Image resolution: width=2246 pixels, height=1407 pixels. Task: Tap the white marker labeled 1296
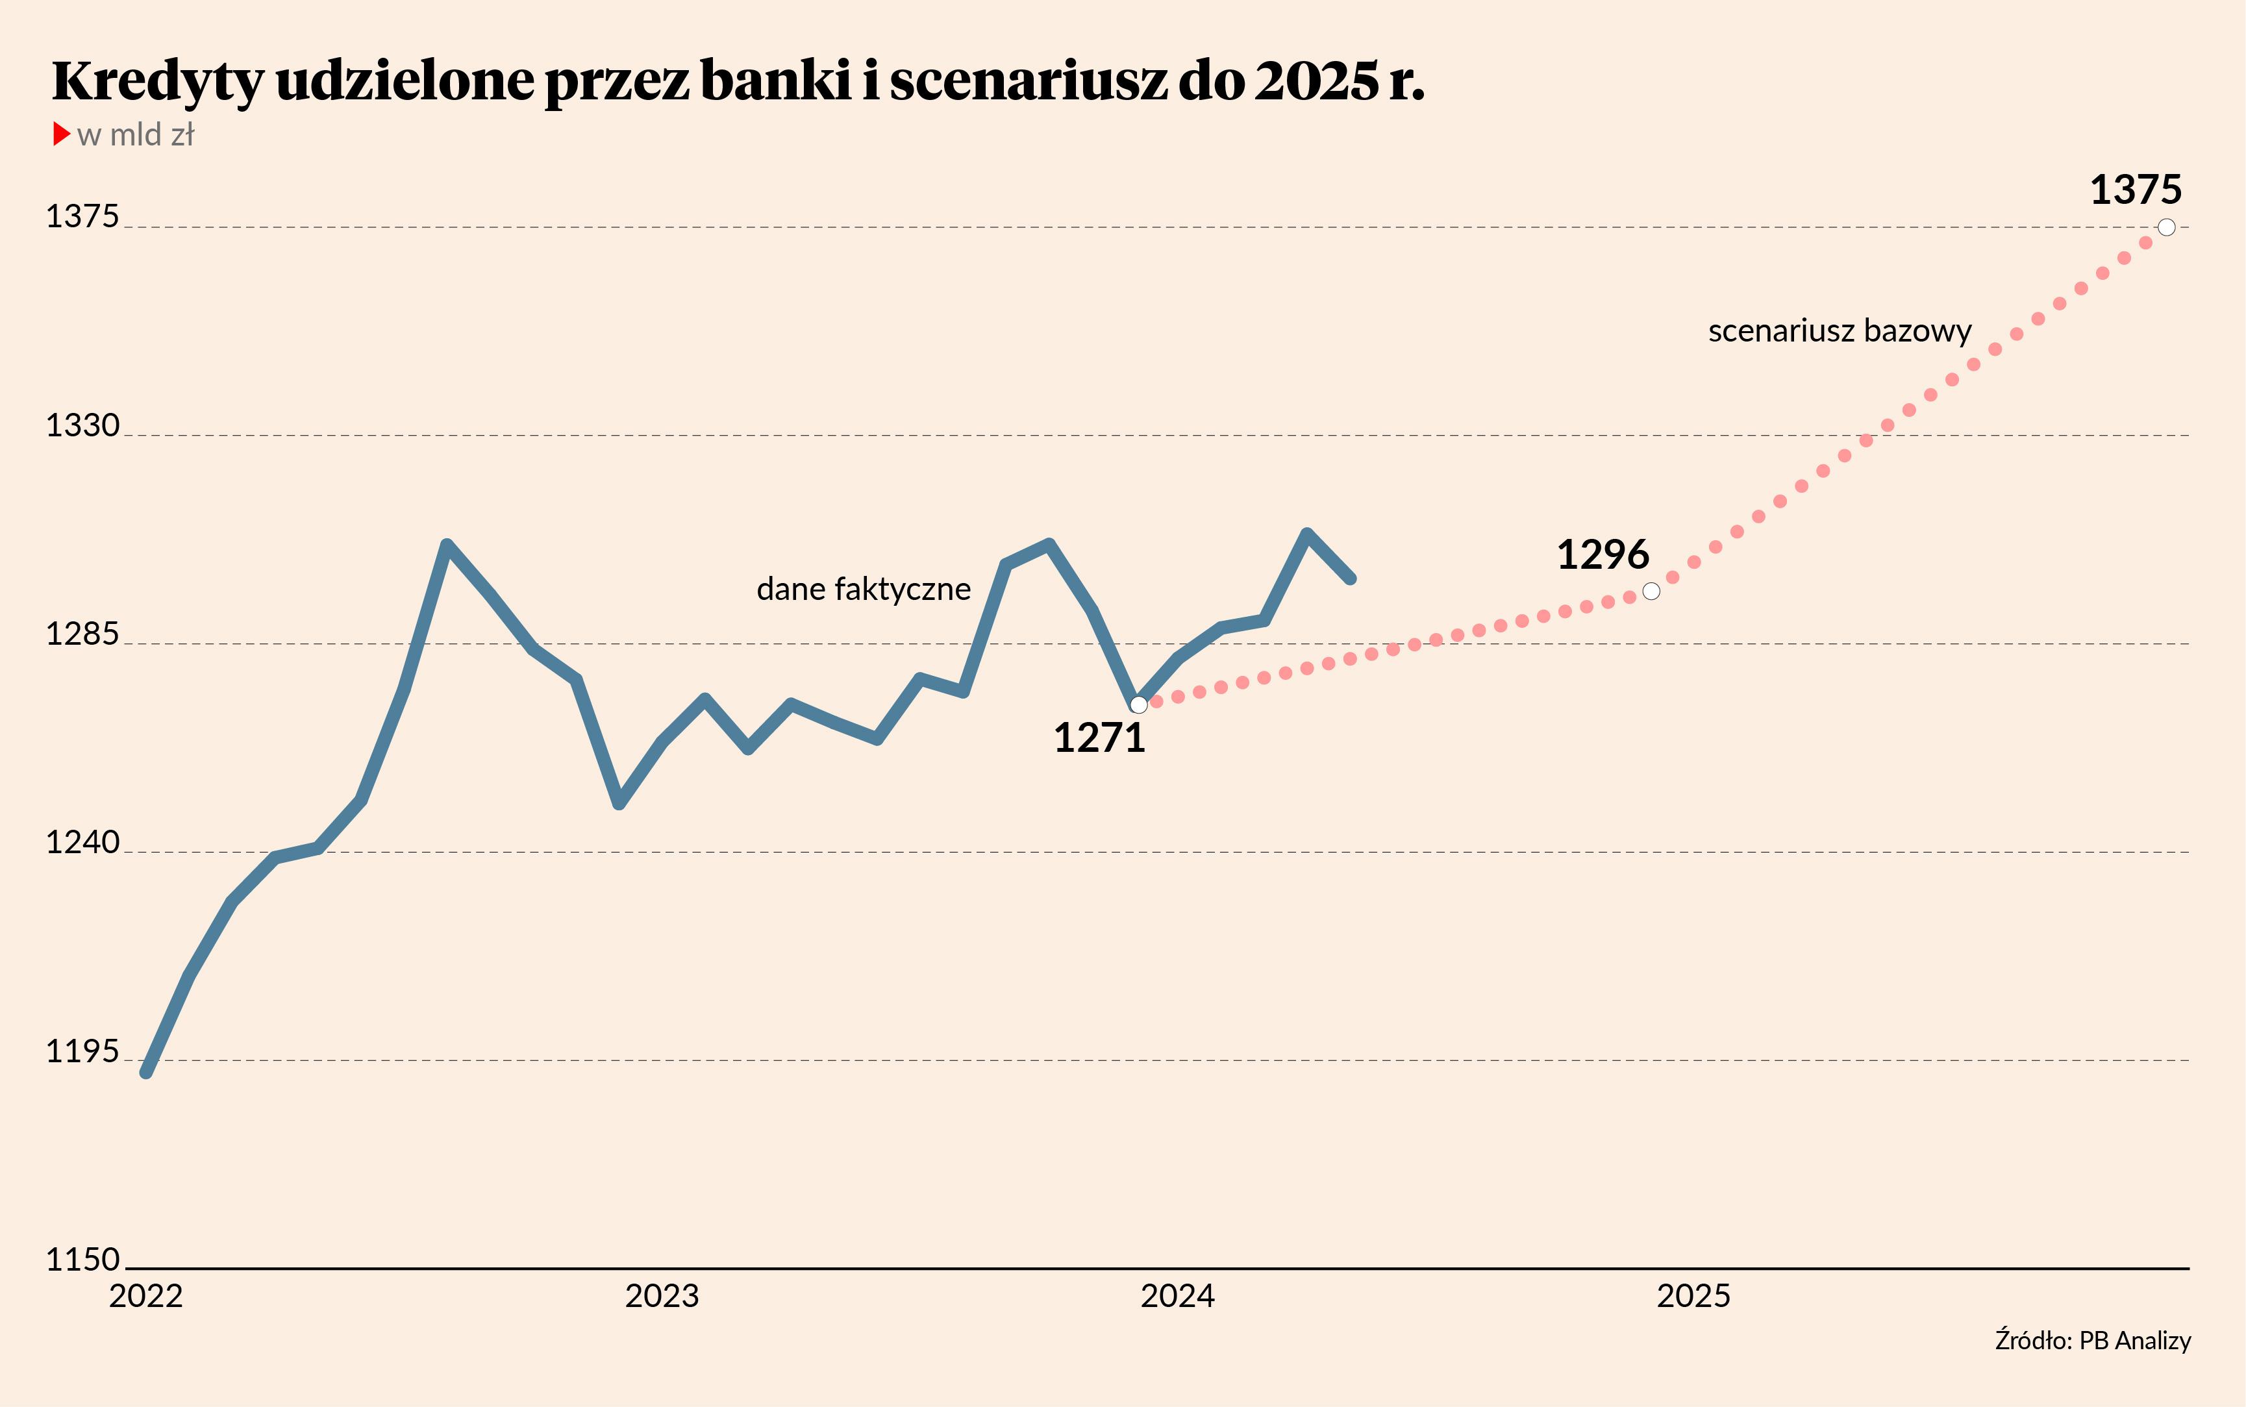tap(1651, 591)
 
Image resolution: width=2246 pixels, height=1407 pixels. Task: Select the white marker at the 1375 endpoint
tap(2167, 227)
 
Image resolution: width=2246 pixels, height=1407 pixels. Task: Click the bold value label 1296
tap(1602, 556)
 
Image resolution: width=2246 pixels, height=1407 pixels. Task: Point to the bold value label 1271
tap(1099, 739)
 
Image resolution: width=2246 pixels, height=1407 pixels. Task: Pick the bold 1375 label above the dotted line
tap(2135, 191)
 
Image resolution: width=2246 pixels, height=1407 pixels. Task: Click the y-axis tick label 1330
tap(83, 425)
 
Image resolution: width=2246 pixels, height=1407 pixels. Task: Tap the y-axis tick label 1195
tap(83, 1052)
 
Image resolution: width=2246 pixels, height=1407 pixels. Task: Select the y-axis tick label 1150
tap(83, 1260)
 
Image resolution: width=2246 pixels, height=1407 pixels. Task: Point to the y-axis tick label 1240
tap(83, 842)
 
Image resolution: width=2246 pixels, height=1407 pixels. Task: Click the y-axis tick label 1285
tap(83, 634)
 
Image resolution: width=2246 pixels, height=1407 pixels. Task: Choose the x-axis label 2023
tap(662, 1296)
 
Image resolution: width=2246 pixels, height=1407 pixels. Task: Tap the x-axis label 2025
tap(1693, 1296)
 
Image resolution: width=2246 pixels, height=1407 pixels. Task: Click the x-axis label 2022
tap(146, 1296)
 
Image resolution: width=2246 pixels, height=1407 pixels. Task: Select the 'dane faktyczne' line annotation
tap(864, 589)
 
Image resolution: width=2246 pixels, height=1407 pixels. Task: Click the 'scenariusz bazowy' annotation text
tap(1840, 331)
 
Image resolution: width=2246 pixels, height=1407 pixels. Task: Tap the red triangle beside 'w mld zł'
tap(62, 134)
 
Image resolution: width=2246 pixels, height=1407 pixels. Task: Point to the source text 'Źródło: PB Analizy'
tap(2093, 1341)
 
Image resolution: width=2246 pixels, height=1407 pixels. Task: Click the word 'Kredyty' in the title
tap(158, 81)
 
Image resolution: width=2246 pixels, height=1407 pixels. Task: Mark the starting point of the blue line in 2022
tap(146, 1072)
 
